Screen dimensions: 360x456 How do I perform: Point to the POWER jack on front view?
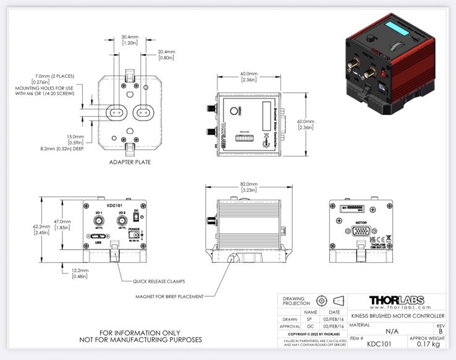pos(131,236)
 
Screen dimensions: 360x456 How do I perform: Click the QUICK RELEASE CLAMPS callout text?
pos(162,281)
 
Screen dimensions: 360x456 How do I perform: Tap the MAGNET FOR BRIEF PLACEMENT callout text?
pos(169,296)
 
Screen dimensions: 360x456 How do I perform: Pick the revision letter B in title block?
pos(440,331)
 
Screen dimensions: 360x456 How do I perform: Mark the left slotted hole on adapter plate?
pos(116,113)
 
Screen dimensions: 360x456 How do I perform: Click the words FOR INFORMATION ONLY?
pos(141,332)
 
